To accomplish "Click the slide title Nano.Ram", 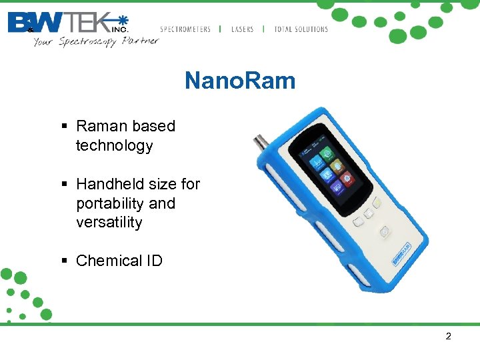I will pos(239,81).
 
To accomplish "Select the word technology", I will pos(115,145).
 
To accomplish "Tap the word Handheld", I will pos(107,183).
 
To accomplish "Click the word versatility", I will pos(109,222).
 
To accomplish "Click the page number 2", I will pos(448,336).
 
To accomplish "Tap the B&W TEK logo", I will pos(67,23).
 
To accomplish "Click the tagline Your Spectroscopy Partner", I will pos(96,41).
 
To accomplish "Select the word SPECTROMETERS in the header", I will pos(185,29).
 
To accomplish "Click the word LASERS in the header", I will pos(243,29).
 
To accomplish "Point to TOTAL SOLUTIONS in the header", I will pos(301,29).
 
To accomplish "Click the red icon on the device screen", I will pos(347,179).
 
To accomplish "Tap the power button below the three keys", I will pos(385,232).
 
